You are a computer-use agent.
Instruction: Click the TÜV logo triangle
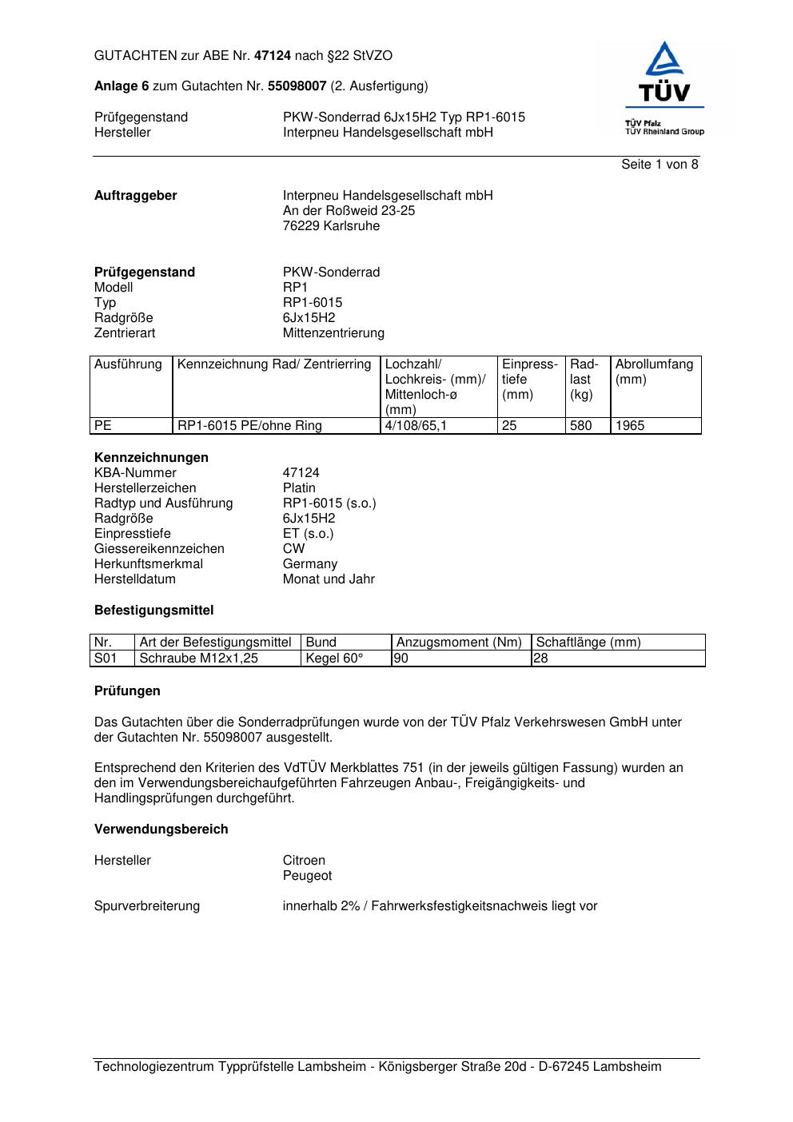(664, 60)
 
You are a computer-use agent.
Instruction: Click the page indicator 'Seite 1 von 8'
(660, 165)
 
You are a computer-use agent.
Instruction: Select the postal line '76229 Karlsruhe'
(331, 226)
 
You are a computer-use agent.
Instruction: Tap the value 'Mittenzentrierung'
(333, 333)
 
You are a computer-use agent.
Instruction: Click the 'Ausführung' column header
(128, 364)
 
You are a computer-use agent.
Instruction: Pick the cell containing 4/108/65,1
(416, 426)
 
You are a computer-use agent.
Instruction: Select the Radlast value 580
(580, 426)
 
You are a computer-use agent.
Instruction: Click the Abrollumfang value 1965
(630, 426)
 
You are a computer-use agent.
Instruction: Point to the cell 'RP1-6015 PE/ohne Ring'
(249, 426)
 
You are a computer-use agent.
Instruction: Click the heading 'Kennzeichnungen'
(151, 458)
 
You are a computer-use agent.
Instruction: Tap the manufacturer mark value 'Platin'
(299, 488)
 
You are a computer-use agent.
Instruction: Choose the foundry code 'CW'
(293, 549)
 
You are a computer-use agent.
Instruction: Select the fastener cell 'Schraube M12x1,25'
(198, 658)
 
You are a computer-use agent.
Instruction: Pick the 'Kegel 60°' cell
(334, 658)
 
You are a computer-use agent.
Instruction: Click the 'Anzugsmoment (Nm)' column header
(459, 643)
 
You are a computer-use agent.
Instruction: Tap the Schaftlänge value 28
(540, 658)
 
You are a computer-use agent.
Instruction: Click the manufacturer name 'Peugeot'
(307, 876)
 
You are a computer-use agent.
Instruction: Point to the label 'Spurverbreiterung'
(147, 906)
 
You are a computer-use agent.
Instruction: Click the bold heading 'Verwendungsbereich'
(161, 830)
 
